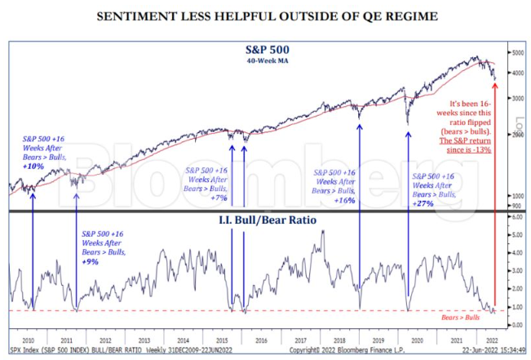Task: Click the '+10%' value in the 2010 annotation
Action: tap(34, 166)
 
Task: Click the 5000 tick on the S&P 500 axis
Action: tap(517, 52)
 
